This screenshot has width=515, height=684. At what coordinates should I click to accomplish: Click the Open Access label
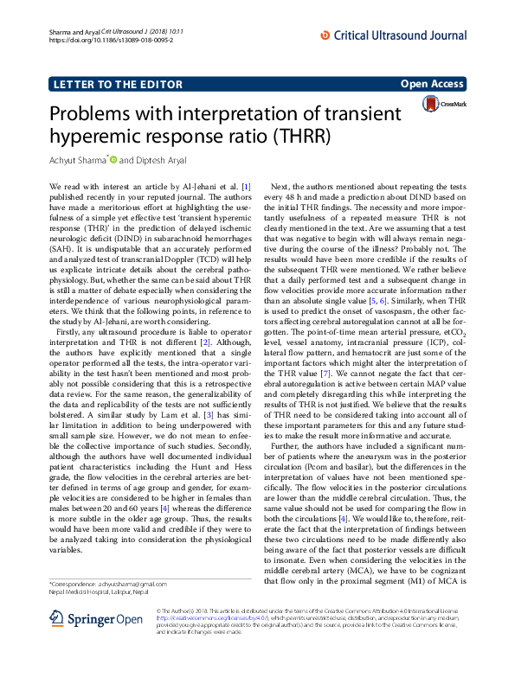click(x=434, y=84)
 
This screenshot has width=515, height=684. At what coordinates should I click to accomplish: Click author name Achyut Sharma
click(x=80, y=161)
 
